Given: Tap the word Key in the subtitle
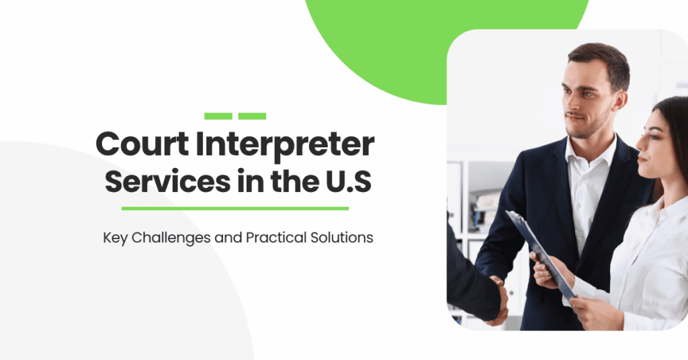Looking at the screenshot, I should pos(114,238).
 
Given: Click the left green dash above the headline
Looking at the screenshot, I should pos(218,116).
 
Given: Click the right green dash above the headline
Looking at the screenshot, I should pos(252,116).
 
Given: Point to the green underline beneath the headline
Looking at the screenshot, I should pos(235,208).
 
